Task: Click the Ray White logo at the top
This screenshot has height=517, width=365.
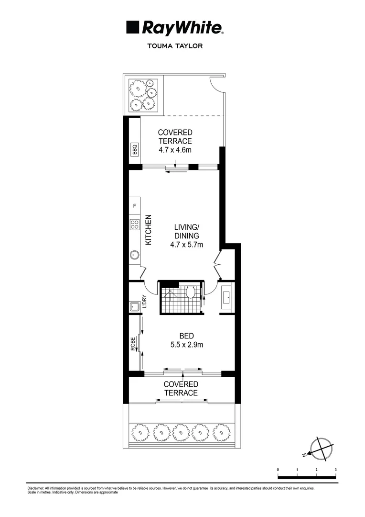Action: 174,28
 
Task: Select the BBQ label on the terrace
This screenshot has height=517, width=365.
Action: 134,149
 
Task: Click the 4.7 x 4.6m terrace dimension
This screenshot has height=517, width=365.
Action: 175,150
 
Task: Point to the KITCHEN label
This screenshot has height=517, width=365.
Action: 148,230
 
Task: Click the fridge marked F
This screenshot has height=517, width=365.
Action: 134,206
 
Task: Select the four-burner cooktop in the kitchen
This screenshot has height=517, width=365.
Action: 134,224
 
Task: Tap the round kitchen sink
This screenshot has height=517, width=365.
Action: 134,255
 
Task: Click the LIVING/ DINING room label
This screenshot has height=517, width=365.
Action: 186,232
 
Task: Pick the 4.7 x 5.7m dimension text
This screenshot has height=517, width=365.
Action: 186,245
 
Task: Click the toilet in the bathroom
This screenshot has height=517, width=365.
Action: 190,292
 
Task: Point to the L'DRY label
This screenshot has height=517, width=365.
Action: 144,301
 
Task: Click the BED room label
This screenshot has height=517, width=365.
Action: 186,336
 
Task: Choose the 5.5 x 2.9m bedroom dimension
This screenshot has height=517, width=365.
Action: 186,345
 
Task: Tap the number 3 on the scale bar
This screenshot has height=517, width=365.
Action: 336,470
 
